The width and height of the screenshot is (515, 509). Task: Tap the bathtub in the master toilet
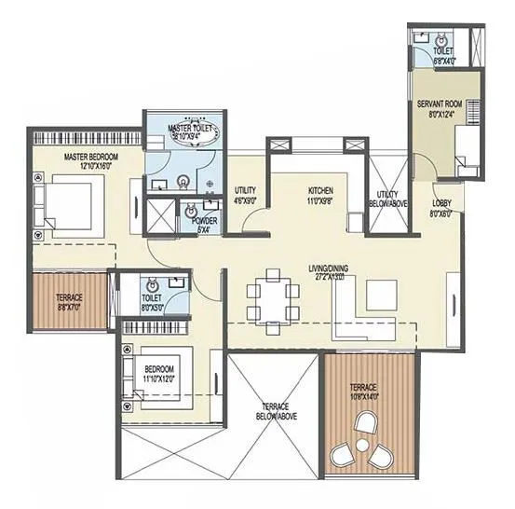(x=191, y=133)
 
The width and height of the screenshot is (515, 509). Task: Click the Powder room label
(x=204, y=225)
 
